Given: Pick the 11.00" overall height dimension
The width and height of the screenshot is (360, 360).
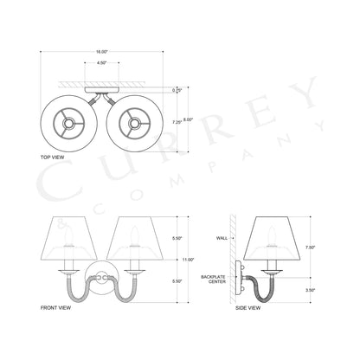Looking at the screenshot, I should (186, 258).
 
